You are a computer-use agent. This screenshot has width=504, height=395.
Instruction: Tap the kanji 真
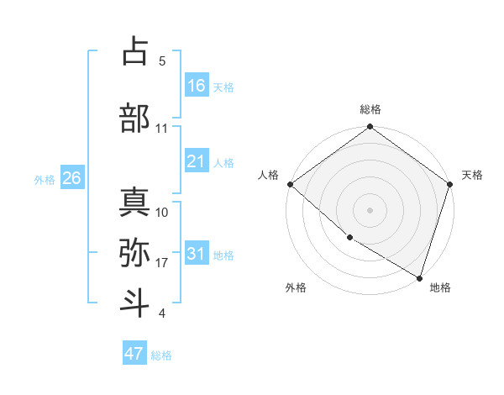(x=134, y=202)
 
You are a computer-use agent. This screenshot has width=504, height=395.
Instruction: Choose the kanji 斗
(x=134, y=300)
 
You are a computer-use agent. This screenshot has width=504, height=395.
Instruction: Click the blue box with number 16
(x=197, y=85)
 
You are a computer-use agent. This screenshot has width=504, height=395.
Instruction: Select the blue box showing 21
(x=197, y=161)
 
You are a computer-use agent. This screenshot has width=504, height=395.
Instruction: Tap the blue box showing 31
(x=197, y=254)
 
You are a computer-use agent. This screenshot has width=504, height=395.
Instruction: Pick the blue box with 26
(x=71, y=178)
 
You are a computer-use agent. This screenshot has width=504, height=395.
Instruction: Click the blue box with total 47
(x=134, y=354)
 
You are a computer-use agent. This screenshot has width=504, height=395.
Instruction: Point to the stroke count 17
(x=162, y=263)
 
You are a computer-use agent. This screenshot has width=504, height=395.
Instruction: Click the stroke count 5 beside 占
(x=162, y=61)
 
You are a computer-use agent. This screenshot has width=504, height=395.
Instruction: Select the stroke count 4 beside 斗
(x=162, y=313)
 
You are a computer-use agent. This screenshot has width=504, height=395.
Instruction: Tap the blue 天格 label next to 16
(x=223, y=87)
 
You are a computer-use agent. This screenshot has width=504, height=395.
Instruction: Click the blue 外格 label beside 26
(x=45, y=179)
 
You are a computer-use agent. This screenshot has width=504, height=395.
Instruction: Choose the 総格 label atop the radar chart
(x=370, y=109)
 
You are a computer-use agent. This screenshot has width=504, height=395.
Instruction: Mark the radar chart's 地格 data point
(x=419, y=276)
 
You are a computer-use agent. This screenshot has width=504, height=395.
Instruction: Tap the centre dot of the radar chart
(x=370, y=210)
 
